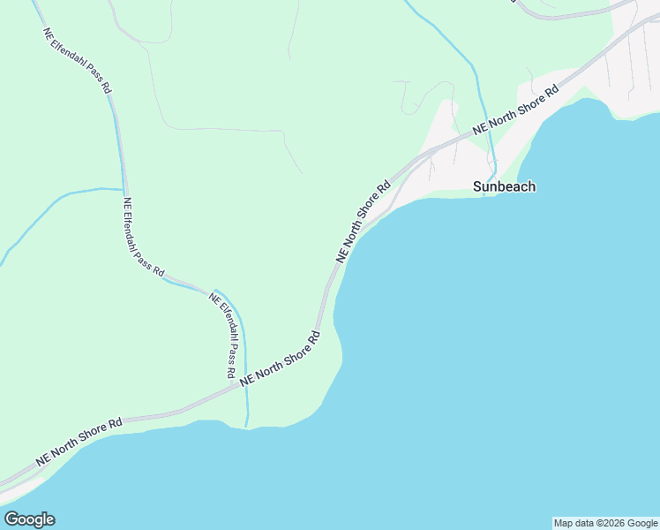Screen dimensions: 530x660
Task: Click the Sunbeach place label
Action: pos(504,186)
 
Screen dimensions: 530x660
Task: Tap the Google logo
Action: pos(29,519)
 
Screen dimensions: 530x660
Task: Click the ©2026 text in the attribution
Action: pos(608,523)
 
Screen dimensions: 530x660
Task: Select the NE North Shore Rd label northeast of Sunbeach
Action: pos(516,110)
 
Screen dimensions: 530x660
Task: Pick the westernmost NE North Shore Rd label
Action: pos(79,443)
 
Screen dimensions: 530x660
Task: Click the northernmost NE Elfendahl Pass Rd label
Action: pos(78,60)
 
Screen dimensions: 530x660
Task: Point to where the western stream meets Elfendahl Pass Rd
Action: pos(123,189)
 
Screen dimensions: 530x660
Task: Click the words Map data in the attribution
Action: pos(572,523)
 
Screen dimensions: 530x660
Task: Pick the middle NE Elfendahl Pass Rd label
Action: pos(144,238)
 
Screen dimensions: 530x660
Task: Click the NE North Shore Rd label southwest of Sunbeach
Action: pos(363,222)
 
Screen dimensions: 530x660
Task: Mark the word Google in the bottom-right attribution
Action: pos(642,523)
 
